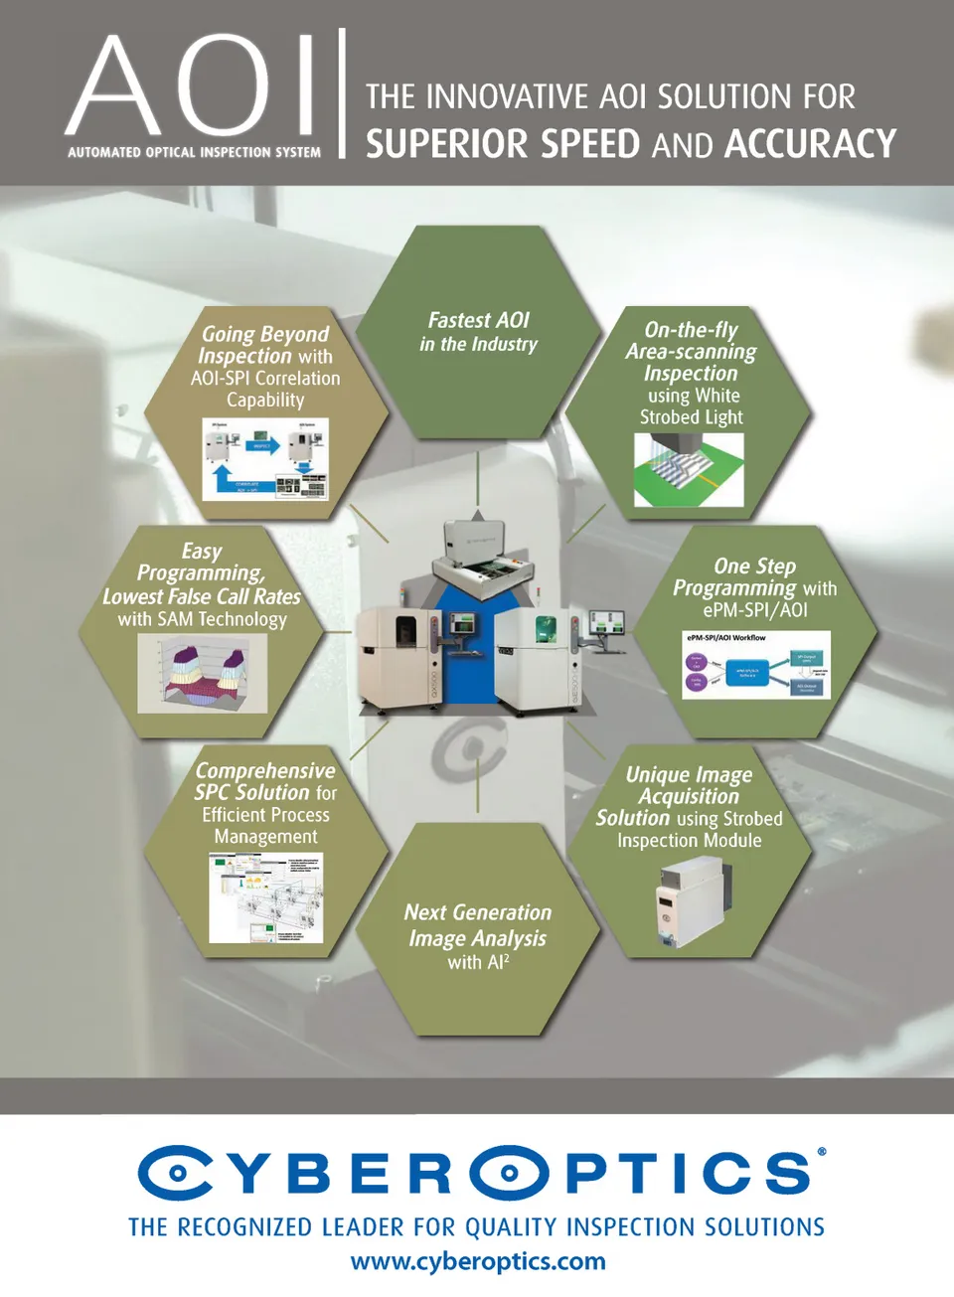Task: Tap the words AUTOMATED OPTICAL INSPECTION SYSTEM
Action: click(x=194, y=152)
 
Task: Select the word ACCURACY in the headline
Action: click(x=810, y=144)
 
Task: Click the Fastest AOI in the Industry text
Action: click(x=478, y=332)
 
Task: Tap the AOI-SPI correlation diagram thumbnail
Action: click(x=265, y=458)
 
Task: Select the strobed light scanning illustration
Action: click(x=689, y=470)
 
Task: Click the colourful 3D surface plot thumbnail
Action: click(x=203, y=673)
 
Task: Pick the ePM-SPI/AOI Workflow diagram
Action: click(x=755, y=664)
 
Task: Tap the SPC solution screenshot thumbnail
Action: click(x=265, y=898)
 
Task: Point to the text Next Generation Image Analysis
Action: click(x=478, y=925)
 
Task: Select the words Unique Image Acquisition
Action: click(x=689, y=785)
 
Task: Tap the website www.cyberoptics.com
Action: click(x=478, y=1261)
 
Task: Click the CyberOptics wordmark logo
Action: click(x=478, y=1173)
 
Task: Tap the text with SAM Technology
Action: click(x=203, y=619)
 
